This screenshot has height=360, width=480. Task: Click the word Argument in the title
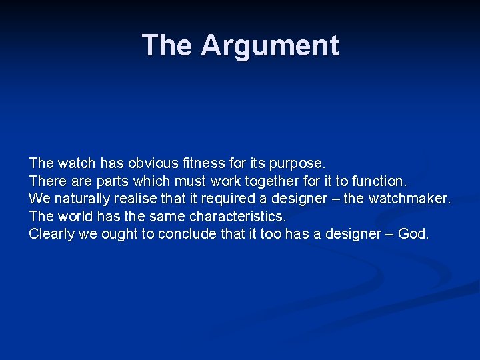pos(270,45)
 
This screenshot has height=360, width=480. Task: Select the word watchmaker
pos(410,199)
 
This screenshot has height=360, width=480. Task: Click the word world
pos(74,217)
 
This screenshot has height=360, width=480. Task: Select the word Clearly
pos(51,235)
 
